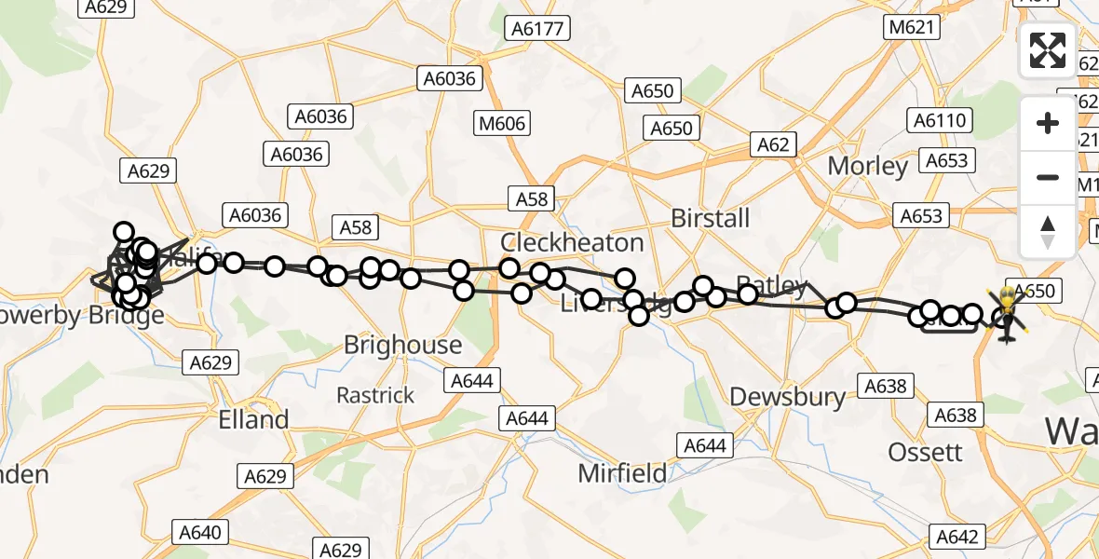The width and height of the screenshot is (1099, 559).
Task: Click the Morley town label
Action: coord(868,167)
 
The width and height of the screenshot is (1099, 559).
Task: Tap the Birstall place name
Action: coord(711,218)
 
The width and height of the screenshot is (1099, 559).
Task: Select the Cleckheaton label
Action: coord(572,242)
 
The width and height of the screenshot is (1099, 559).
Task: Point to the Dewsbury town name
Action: coord(788,397)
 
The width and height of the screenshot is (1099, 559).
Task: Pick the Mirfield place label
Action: coord(622,473)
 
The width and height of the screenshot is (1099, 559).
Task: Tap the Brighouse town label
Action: coord(402,345)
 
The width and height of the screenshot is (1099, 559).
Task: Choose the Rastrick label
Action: coord(375,395)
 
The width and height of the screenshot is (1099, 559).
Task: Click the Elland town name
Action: coord(253,419)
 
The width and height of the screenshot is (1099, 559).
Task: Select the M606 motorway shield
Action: coord(503,123)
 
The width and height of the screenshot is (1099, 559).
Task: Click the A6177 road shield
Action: coord(537,29)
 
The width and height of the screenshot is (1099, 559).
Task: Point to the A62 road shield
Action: coord(773,144)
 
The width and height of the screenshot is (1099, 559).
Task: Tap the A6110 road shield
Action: coord(941,120)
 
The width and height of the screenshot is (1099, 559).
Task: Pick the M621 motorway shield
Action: coord(911,27)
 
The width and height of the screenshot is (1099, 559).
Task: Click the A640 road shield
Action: coord(199,533)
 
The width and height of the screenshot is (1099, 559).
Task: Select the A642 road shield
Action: coord(956,536)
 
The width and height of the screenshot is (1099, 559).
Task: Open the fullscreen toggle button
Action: coord(1048,49)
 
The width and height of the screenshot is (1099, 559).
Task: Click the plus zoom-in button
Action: coord(1048,123)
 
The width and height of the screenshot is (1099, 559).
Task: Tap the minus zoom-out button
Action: coord(1048,177)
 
